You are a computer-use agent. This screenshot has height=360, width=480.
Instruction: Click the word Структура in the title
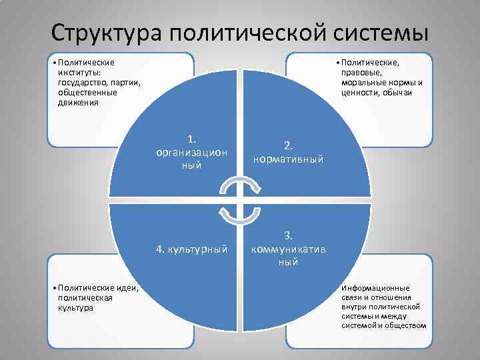pos(107,31)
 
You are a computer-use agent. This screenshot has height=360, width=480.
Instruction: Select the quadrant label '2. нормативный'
pos(288,153)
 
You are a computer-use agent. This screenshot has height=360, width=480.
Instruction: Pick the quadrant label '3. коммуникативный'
pos(288,249)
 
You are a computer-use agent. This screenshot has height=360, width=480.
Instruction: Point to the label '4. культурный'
pos(191,249)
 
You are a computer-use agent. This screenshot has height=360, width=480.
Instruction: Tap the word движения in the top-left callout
pos(78,103)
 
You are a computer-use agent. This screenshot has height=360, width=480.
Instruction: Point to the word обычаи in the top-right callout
pos(398,93)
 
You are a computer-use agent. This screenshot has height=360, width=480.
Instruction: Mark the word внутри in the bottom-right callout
pos(354,306)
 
